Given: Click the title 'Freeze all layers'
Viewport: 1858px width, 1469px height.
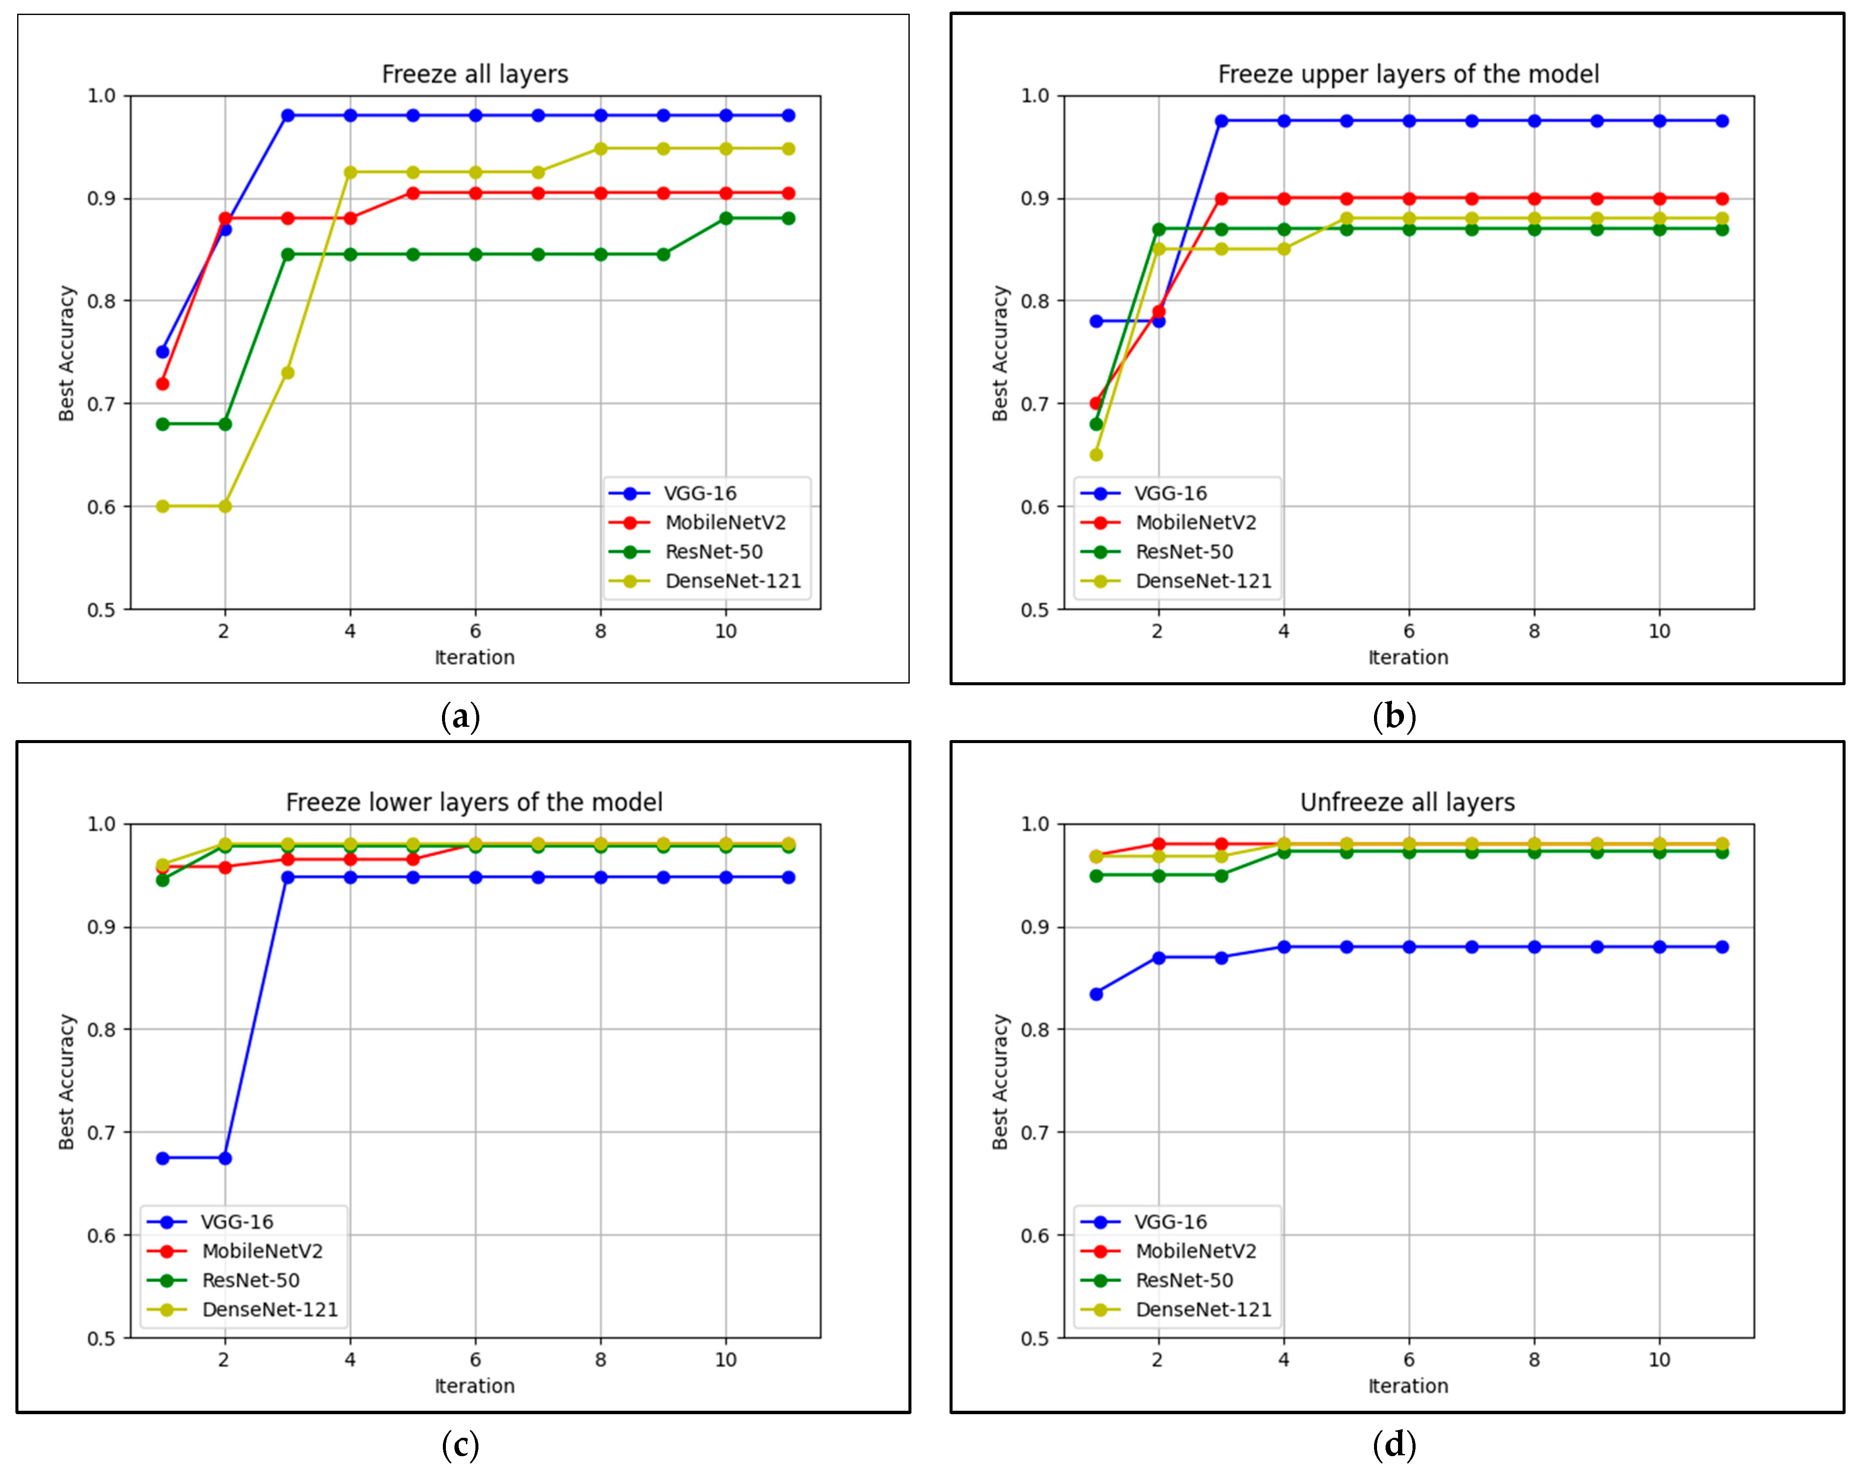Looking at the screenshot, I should tap(475, 74).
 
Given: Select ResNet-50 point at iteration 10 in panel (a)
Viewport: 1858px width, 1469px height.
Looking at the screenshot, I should tap(726, 218).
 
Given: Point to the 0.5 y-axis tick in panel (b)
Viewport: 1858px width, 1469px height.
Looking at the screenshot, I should tap(1035, 610).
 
